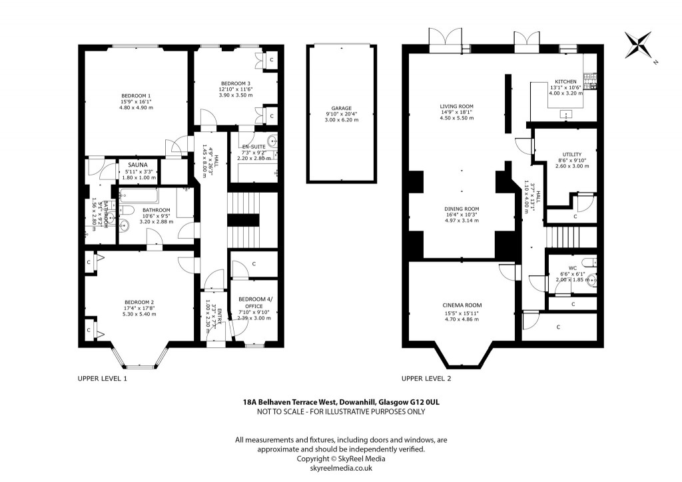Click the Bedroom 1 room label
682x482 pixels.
[136, 95]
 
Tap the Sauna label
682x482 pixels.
[138, 164]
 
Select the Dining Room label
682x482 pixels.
[462, 209]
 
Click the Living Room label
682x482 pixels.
[456, 107]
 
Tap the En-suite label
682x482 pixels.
[252, 146]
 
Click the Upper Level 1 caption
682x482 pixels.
[103, 378]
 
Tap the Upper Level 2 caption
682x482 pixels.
[426, 378]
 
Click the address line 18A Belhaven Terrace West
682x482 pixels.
[341, 402]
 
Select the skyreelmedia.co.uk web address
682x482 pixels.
[341, 468]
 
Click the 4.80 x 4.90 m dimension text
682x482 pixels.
[136, 107]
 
